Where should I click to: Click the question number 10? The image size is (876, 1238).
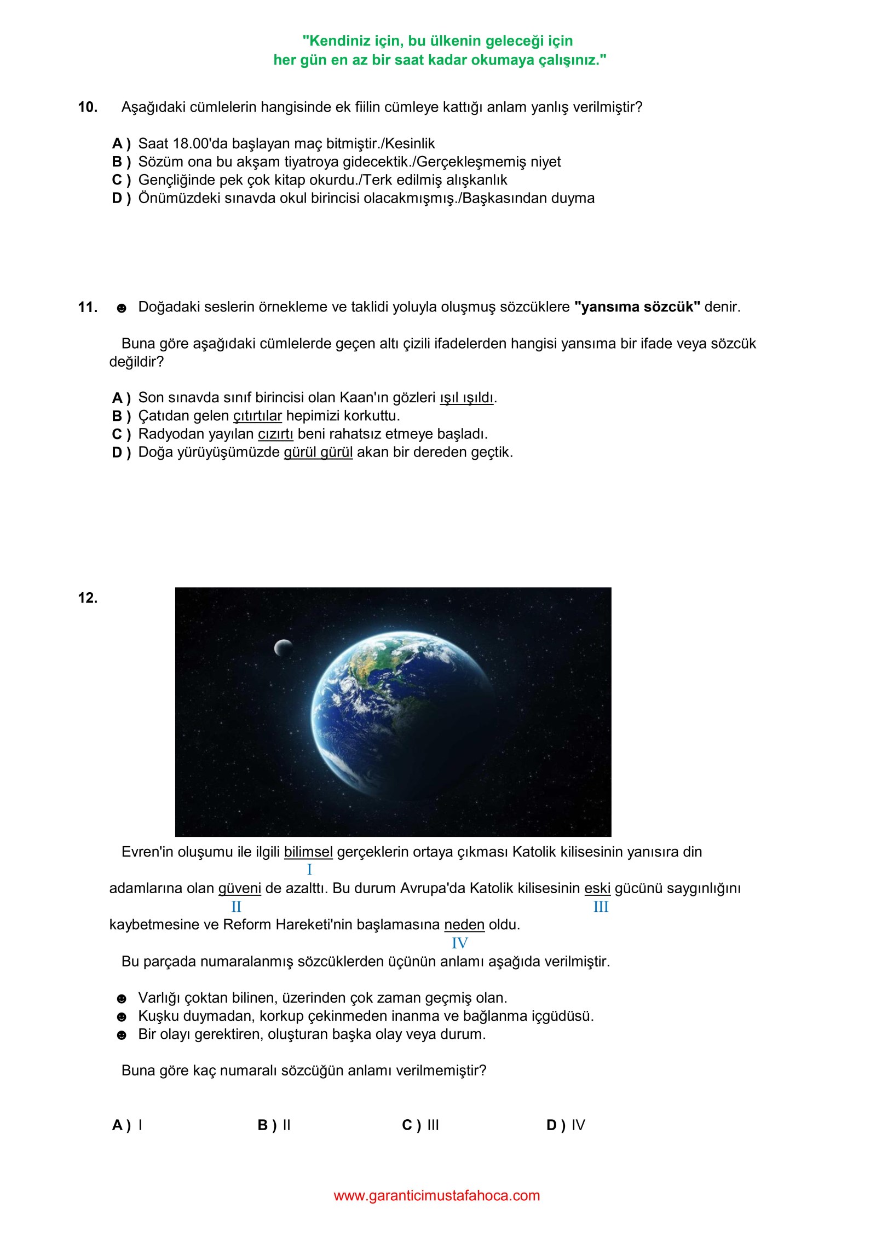88,107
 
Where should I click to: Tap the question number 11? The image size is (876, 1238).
88,307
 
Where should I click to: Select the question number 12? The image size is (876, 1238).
88,598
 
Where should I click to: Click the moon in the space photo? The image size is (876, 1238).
283,648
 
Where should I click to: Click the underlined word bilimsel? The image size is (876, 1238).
308,852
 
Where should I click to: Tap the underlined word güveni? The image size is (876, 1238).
239,888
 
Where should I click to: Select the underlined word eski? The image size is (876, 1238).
597,888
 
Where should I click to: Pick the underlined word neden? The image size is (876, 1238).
464,924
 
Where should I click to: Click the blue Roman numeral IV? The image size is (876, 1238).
459,943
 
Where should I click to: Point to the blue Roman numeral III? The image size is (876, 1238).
601,907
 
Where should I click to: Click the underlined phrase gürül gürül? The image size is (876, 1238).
318,452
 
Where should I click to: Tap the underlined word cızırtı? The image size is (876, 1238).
275,434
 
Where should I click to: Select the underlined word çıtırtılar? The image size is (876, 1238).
257,416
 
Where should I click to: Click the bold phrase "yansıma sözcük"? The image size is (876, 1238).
637,307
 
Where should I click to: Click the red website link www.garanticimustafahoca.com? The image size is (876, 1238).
437,1195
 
